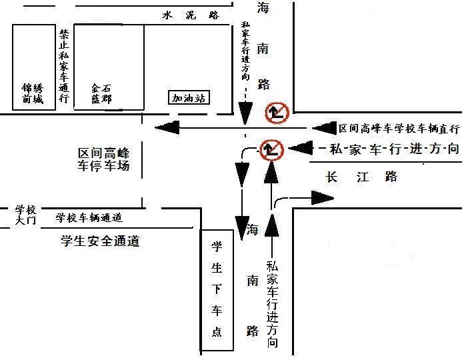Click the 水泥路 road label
click(191, 16)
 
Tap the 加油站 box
click(189, 98)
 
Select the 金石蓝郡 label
click(101, 93)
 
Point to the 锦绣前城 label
click(32, 93)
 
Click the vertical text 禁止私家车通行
click(64, 66)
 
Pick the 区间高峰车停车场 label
click(103, 159)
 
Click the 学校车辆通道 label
click(89, 217)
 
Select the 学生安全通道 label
click(99, 241)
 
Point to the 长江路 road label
click(362, 177)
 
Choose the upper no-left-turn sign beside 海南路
click(276, 113)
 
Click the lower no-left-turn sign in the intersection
click(271, 149)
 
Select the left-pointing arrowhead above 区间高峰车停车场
click(166, 127)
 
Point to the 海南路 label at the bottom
click(252, 281)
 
